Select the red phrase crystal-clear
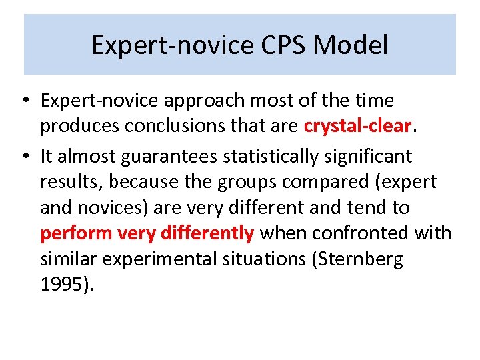point(356,127)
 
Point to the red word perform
point(76,233)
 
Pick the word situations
point(265,259)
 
